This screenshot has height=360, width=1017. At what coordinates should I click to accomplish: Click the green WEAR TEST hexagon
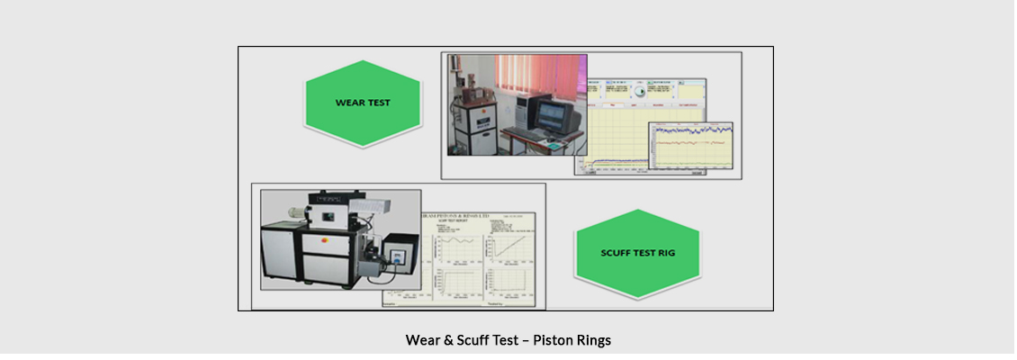363,103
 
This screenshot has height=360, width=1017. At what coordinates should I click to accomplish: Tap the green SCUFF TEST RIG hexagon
637,253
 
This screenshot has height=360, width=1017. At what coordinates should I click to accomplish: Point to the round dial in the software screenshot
641,91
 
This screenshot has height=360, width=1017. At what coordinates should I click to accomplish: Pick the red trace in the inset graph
693,142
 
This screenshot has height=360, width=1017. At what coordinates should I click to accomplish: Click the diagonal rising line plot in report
508,246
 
